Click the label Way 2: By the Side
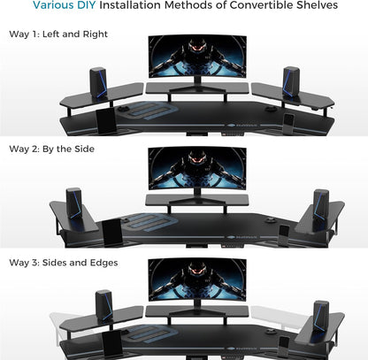[x=50, y=148]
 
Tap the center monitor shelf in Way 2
[x=196, y=199]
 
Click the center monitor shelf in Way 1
[x=197, y=88]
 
